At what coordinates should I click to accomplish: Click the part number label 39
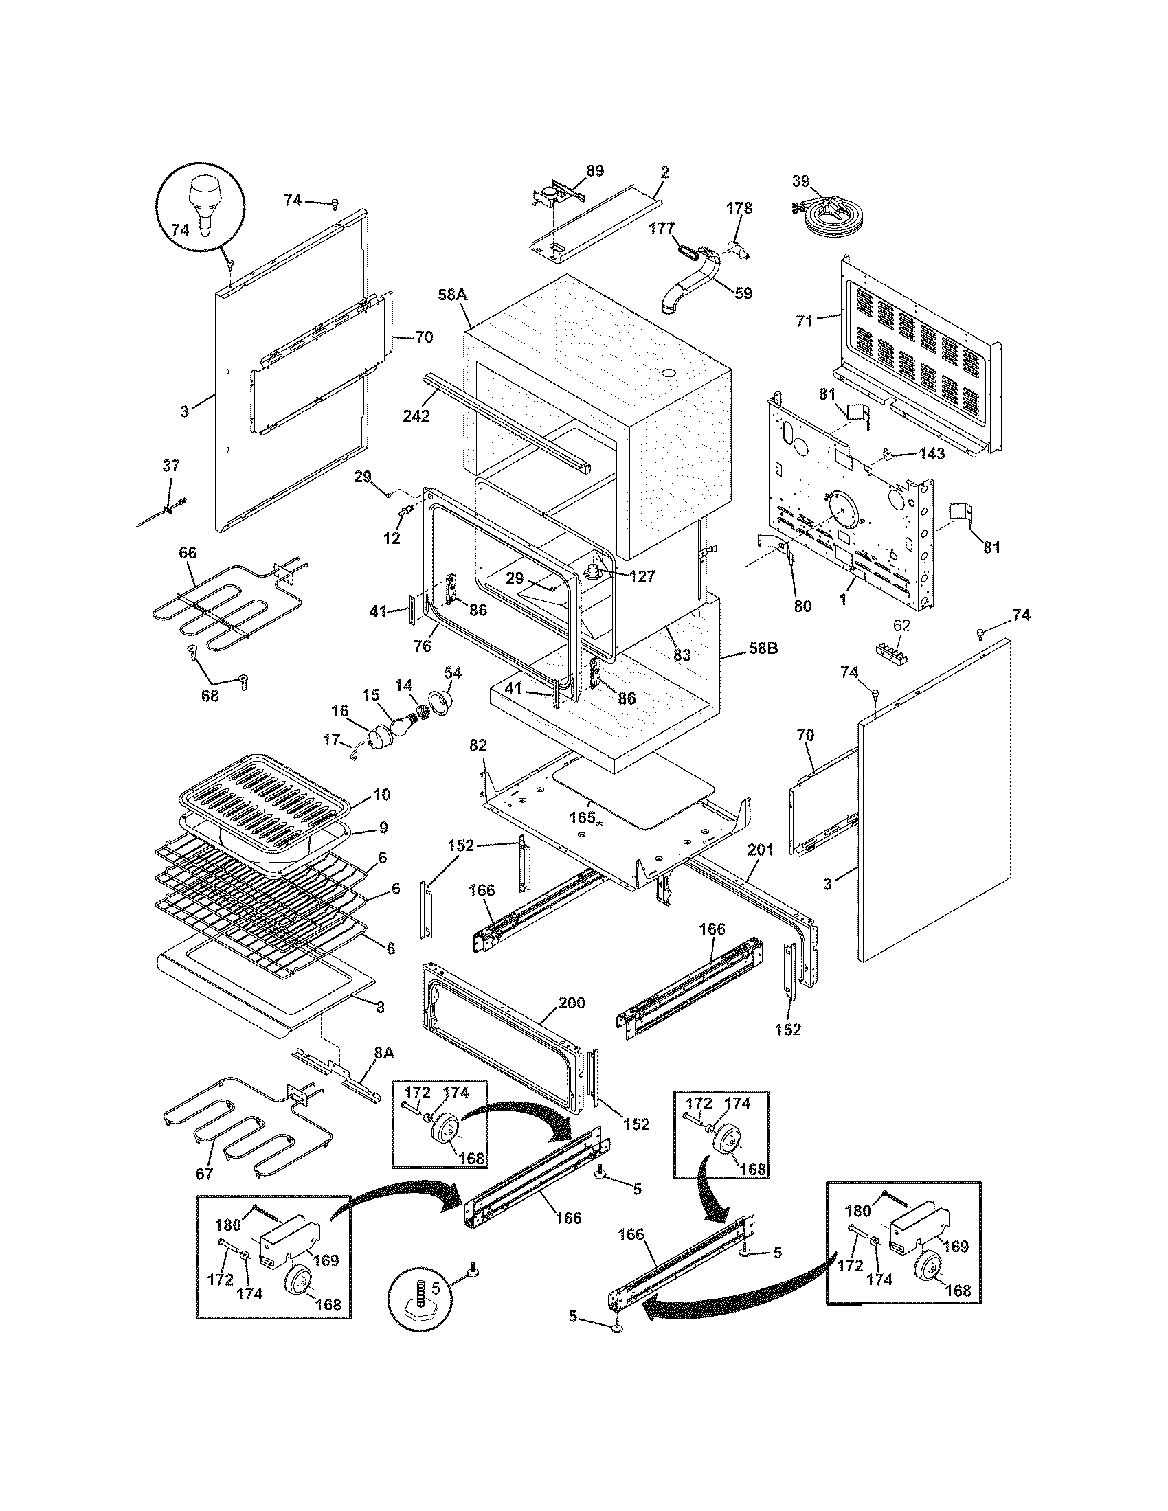(800, 181)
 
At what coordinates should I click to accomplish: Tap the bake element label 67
(205, 1173)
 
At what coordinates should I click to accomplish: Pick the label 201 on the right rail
(760, 850)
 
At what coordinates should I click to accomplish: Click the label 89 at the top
(594, 170)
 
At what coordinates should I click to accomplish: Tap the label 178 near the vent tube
(739, 208)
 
